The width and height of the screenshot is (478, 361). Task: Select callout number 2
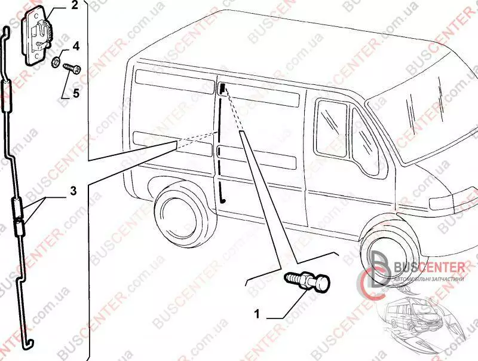click(74, 7)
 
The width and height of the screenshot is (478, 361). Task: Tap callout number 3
click(72, 191)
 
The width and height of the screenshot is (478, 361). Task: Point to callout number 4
click(76, 45)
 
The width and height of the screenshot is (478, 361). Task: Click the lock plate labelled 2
click(39, 36)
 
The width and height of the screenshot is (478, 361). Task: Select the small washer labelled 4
click(56, 60)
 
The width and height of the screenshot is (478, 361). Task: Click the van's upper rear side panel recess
click(173, 78)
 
